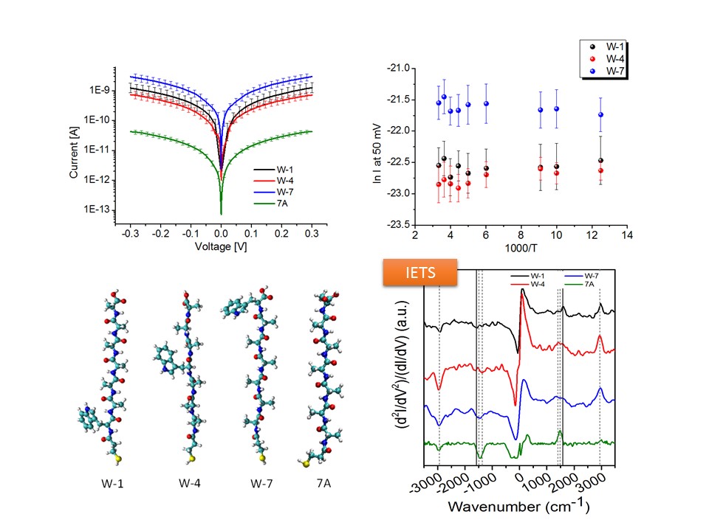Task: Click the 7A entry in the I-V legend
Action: pyautogui.click(x=278, y=204)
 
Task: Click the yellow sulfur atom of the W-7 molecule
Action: pyautogui.click(x=261, y=458)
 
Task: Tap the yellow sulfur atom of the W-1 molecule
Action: pyautogui.click(x=117, y=457)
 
